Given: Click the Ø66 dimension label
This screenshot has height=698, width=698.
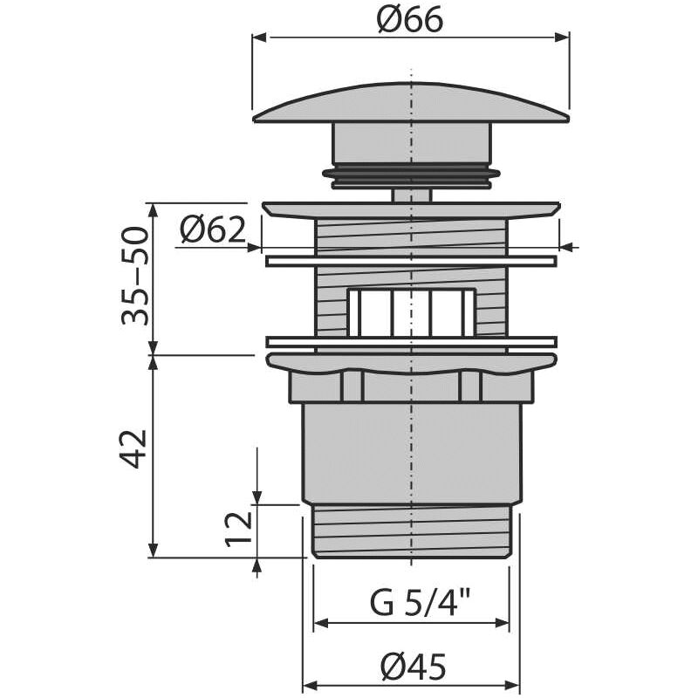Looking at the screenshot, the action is (x=410, y=20).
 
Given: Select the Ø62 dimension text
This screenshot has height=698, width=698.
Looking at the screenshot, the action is (x=213, y=230).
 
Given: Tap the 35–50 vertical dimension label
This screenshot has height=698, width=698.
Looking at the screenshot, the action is (x=134, y=277).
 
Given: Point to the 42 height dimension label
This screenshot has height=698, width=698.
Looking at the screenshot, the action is (x=134, y=448).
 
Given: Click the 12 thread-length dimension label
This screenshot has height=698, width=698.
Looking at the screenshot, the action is (x=238, y=530).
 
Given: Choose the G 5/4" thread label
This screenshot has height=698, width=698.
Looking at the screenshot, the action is (x=421, y=602).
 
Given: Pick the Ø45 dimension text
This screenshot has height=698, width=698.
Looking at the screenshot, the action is (x=413, y=667).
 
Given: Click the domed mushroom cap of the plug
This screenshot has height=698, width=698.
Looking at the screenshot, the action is (x=411, y=103).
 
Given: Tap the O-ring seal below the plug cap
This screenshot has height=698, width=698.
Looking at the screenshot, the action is (x=411, y=176).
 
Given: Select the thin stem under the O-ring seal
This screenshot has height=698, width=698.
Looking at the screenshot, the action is (x=411, y=195).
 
